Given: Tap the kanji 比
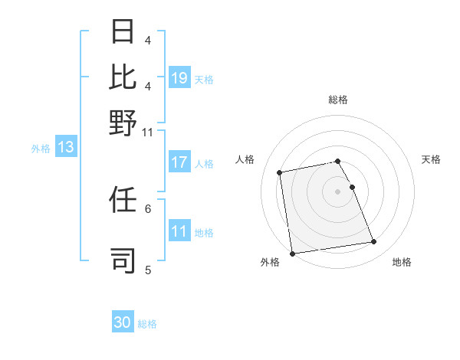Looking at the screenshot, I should click(123, 77).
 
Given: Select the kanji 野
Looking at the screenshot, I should click(123, 123).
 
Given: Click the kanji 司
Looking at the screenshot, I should click(123, 260).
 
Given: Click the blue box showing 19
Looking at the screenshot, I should click(179, 78).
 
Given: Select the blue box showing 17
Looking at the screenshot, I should click(179, 162).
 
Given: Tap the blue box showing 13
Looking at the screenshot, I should click(65, 148).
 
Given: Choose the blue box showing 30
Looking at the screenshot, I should click(123, 323).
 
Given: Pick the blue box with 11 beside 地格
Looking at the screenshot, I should click(179, 231).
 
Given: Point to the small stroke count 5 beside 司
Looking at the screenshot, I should click(148, 270).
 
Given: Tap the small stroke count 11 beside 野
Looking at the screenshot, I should click(148, 132).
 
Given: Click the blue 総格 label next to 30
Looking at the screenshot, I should click(147, 324).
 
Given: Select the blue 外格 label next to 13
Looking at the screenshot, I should click(40, 149).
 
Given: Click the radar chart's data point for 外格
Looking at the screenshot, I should click(292, 254).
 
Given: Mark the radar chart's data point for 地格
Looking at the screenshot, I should click(374, 242).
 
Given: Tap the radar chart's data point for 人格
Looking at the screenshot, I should click(280, 172).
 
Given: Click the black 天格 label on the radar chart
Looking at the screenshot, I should click(431, 159).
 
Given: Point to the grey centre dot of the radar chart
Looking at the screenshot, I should click(338, 191).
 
